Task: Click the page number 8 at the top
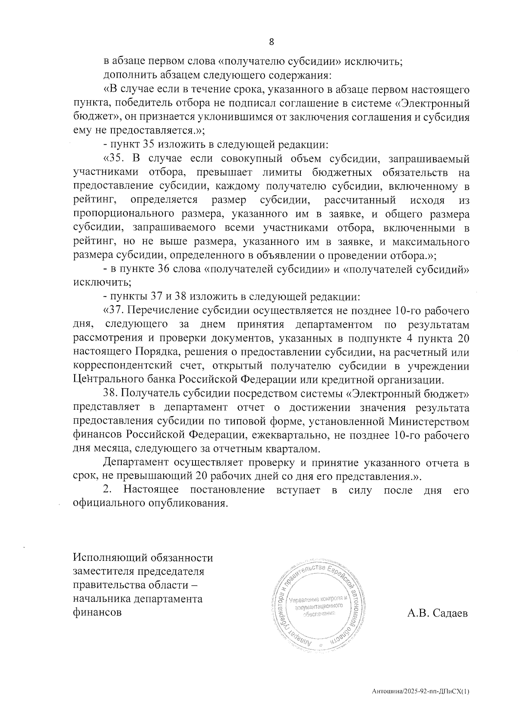coord(272,42)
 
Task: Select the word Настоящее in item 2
coord(151,490)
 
